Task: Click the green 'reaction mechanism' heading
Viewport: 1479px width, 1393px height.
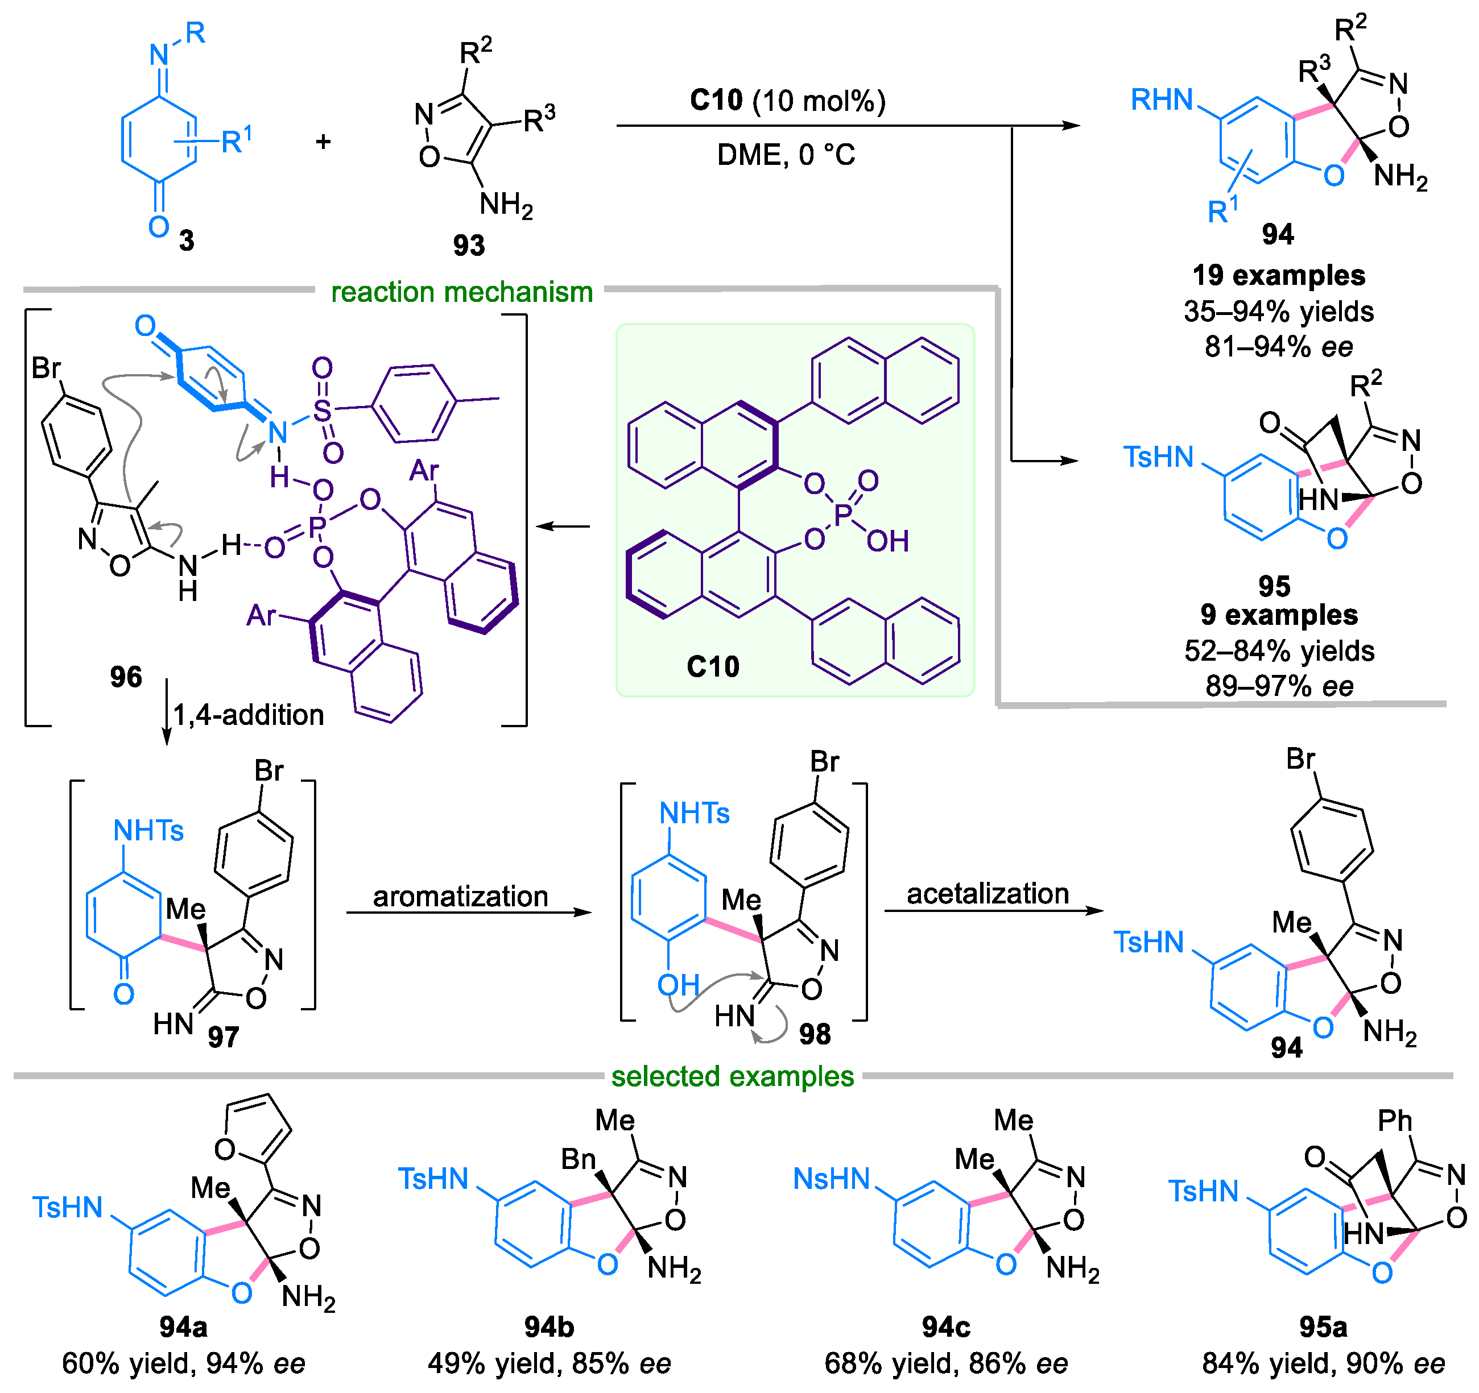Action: pyautogui.click(x=461, y=292)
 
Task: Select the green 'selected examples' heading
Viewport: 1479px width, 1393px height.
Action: pyautogui.click(x=733, y=1076)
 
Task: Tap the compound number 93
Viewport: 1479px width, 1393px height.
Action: pyautogui.click(x=469, y=246)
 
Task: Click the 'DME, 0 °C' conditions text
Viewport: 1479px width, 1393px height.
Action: pyautogui.click(x=786, y=155)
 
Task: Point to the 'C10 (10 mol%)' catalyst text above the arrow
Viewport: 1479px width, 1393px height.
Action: pyautogui.click(x=787, y=101)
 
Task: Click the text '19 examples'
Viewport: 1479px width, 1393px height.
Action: pyautogui.click(x=1279, y=275)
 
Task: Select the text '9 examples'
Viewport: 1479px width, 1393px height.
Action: pyautogui.click(x=1279, y=615)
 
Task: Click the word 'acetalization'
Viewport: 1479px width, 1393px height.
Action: pyautogui.click(x=988, y=893)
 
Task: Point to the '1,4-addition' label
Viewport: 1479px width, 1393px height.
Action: pyautogui.click(x=249, y=715)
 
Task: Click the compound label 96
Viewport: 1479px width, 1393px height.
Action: pyautogui.click(x=126, y=677)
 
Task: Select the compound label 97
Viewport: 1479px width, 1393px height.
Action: pyautogui.click(x=223, y=1036)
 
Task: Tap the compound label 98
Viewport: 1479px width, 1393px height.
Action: pyautogui.click(x=815, y=1034)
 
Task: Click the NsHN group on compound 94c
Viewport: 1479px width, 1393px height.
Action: pyautogui.click(x=831, y=1179)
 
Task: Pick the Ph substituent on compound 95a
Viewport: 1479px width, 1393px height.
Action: pyautogui.click(x=1394, y=1121)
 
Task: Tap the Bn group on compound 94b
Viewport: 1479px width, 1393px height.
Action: pyautogui.click(x=578, y=1159)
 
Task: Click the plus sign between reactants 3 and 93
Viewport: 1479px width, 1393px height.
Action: pyautogui.click(x=323, y=142)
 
